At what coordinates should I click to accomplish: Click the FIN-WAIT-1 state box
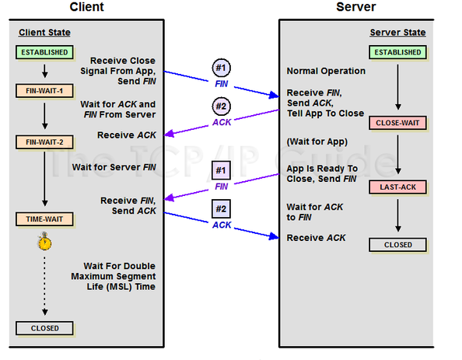click(x=44, y=90)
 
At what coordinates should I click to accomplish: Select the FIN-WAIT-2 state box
click(x=44, y=142)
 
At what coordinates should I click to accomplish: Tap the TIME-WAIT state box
click(x=44, y=219)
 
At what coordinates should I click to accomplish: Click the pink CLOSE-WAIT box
click(x=397, y=123)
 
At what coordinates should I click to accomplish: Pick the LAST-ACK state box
click(x=397, y=187)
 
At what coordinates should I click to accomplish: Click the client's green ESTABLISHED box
click(x=44, y=52)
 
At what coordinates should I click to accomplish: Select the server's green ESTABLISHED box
click(x=397, y=52)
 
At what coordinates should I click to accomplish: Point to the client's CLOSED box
click(x=44, y=328)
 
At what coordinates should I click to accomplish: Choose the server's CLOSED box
click(x=397, y=244)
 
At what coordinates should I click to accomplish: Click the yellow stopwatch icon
click(x=44, y=242)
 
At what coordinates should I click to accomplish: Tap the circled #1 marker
click(x=221, y=68)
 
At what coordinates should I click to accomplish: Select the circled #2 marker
click(x=221, y=106)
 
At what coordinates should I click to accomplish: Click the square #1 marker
click(x=221, y=170)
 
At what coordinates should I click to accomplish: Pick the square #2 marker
click(x=221, y=209)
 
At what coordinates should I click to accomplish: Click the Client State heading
click(x=44, y=32)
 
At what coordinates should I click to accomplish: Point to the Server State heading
click(x=397, y=32)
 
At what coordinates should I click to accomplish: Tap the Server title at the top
click(x=356, y=7)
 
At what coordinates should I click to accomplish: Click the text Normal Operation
click(x=326, y=71)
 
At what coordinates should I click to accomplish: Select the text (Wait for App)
click(x=317, y=142)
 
